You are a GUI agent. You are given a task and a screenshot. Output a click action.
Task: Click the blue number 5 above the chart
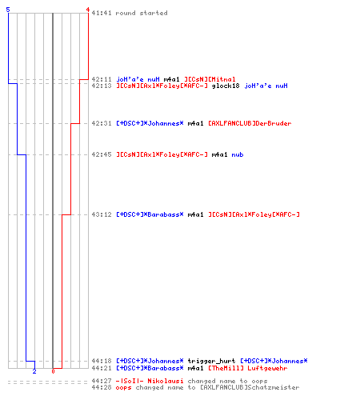tap(8, 10)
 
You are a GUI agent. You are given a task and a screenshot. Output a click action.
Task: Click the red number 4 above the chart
tap(88, 10)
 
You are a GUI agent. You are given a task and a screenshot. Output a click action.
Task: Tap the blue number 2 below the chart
tap(34, 371)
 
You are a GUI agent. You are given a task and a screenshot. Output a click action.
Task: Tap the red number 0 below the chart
tap(53, 371)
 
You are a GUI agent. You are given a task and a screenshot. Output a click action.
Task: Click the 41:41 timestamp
tap(102, 13)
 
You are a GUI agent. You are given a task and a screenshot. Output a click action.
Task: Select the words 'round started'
tap(142, 13)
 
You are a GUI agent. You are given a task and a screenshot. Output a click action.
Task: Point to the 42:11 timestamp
tap(102, 79)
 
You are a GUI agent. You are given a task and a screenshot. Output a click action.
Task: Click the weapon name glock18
tap(226, 86)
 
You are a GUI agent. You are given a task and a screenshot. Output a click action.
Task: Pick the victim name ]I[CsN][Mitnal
tap(210, 79)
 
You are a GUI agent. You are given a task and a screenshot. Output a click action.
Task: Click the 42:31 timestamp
tap(102, 123)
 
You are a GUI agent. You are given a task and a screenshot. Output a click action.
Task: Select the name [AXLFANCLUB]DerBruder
tap(250, 123)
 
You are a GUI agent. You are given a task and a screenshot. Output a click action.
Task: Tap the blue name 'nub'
tap(238, 154)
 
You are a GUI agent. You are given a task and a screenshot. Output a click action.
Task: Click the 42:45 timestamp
tap(102, 154)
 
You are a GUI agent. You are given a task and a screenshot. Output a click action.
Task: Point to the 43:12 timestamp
tap(102, 214)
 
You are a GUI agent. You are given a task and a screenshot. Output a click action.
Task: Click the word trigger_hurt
tap(211, 361)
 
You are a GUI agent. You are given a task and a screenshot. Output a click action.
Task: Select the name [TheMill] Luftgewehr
tap(248, 368)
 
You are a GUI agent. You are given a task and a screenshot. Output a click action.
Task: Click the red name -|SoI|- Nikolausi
tap(150, 381)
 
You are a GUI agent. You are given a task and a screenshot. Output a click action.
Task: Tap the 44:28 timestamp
tap(102, 387)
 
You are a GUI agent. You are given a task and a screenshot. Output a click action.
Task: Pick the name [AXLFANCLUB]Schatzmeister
tap(250, 387)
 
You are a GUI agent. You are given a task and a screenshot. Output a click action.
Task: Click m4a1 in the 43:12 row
tap(195, 214)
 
